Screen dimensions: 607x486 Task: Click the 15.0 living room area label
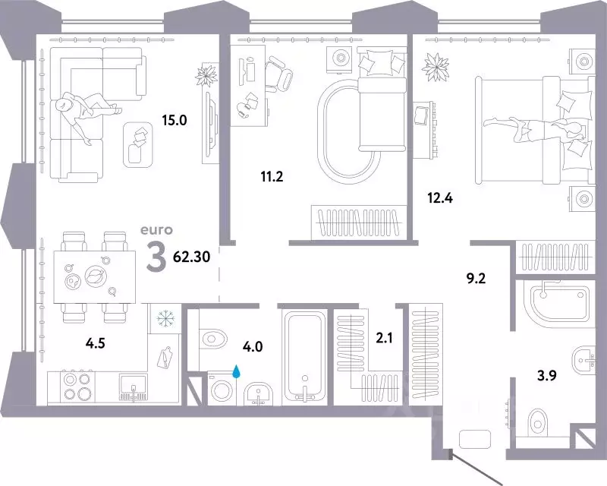(175, 121)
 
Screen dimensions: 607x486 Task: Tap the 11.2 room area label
(272, 177)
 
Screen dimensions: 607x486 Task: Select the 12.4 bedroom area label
(440, 198)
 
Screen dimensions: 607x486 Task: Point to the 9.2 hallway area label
(476, 278)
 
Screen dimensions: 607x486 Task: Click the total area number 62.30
(192, 257)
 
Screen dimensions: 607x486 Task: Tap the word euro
(156, 230)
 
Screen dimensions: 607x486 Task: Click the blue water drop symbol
(236, 372)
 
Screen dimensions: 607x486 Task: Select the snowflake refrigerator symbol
(165, 319)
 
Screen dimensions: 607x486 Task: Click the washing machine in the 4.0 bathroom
(222, 389)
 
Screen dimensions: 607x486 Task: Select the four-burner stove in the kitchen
(77, 386)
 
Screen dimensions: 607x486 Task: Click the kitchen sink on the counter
(133, 387)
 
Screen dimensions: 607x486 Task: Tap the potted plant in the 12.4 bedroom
(435, 67)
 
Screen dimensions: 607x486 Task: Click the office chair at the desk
(278, 74)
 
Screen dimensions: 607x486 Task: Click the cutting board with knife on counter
(164, 357)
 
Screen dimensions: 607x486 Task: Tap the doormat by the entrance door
(475, 439)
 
